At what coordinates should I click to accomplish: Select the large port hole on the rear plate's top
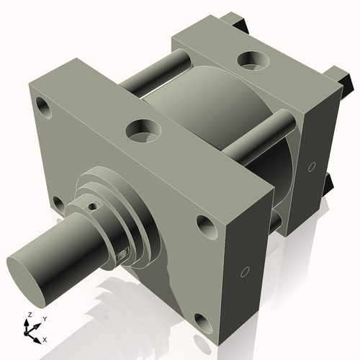[x=253, y=57]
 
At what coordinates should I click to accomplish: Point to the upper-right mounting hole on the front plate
[x=206, y=228]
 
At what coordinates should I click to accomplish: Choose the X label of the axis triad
[x=45, y=338]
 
